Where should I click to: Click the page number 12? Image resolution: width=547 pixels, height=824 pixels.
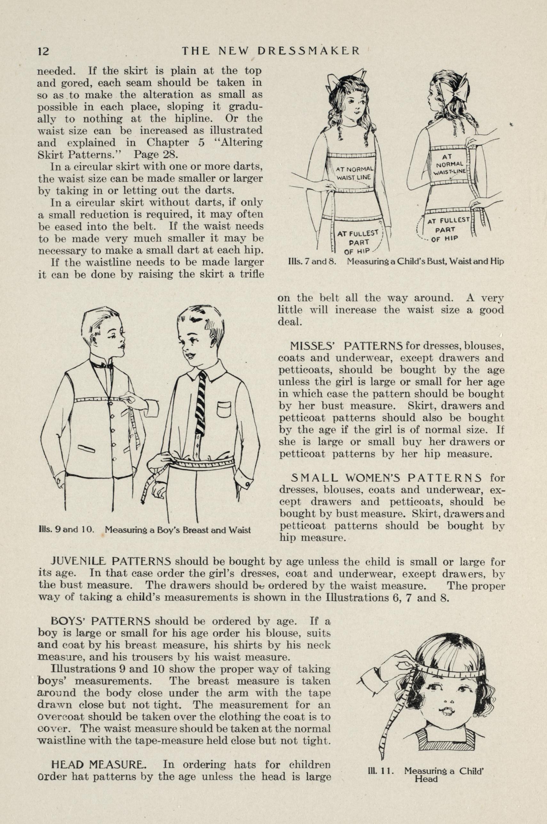point(44,51)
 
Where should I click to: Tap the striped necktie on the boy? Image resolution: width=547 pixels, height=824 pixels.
point(201,403)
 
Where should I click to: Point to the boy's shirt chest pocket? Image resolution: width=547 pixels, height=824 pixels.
point(224,409)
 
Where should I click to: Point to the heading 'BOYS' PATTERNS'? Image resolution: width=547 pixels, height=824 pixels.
point(100,621)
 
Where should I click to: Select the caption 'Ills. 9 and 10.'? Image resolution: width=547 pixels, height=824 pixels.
point(65,530)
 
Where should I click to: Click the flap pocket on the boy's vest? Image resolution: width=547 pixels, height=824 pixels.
point(86,448)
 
